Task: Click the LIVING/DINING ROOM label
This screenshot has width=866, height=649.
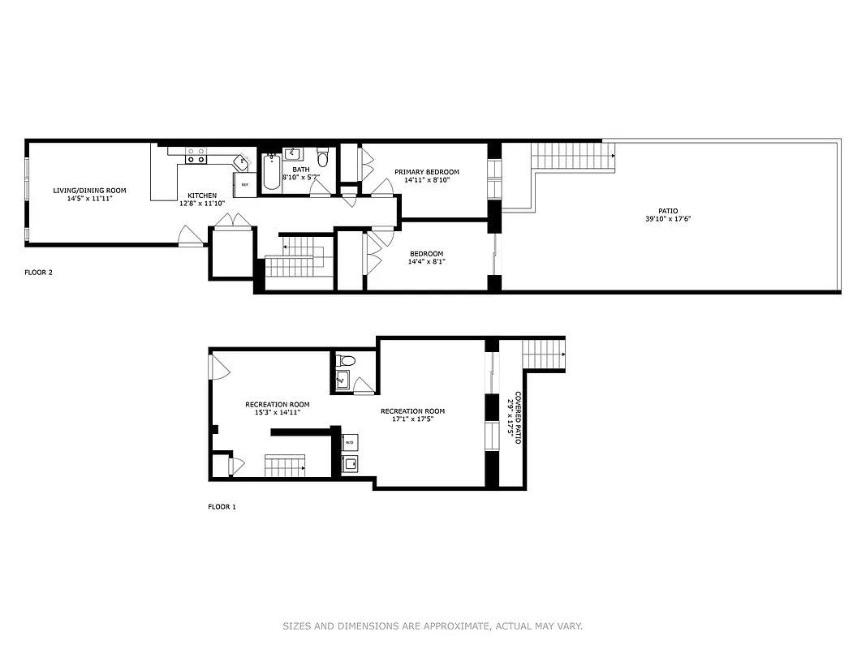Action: [89, 191]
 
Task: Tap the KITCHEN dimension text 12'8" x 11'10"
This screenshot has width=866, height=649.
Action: [202, 204]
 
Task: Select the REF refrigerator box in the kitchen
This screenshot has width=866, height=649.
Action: [244, 185]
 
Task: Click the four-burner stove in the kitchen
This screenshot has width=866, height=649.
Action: [195, 155]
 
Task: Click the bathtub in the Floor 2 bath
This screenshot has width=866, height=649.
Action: [270, 173]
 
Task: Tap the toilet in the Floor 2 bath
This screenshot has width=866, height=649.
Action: [322, 157]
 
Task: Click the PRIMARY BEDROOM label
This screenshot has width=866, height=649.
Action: [427, 172]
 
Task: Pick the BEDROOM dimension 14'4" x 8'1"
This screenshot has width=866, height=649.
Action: [426, 261]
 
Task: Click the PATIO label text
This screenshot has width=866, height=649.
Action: [669, 211]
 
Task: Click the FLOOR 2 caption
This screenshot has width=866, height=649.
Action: [38, 273]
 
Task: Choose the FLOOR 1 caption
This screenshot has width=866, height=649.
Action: [222, 507]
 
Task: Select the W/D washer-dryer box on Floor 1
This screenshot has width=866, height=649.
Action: [349, 443]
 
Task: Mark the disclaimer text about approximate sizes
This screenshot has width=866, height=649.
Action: [433, 626]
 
